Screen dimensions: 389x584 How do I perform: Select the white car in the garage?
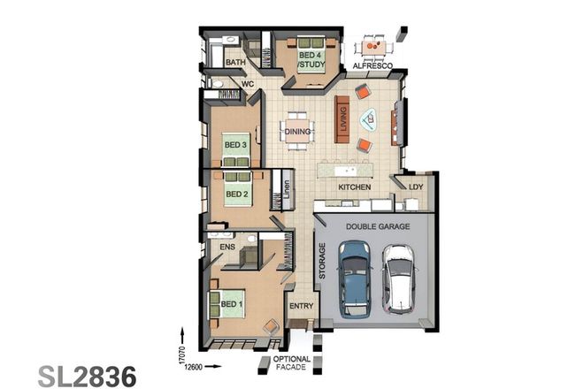(x=400, y=278)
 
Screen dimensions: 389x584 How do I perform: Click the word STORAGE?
(x=322, y=261)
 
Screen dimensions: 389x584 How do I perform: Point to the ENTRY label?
(x=302, y=307)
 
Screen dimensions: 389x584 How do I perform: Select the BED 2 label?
(x=235, y=194)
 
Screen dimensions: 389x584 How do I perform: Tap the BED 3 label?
(x=234, y=145)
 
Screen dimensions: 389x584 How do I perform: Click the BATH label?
(x=235, y=64)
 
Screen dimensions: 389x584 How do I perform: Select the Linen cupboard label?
(x=287, y=189)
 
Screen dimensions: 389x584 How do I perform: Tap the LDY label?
(x=415, y=187)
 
